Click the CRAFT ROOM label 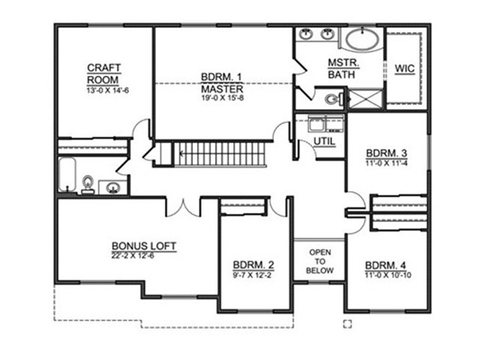(x=104, y=73)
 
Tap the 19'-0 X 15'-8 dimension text (x=222, y=98)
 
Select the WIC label (x=405, y=68)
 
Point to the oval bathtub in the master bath (x=362, y=39)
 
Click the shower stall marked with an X (x=365, y=98)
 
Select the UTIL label (x=325, y=142)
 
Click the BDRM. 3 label (x=386, y=153)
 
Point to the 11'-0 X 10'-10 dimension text (x=388, y=275)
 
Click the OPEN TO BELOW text (x=320, y=262)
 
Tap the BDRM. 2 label (x=253, y=265)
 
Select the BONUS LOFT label (x=144, y=246)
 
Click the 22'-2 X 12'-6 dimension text (x=133, y=256)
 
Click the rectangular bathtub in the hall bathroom (x=67, y=175)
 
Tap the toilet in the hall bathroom (x=88, y=185)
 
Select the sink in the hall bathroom (x=112, y=187)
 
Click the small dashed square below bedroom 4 (x=347, y=324)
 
